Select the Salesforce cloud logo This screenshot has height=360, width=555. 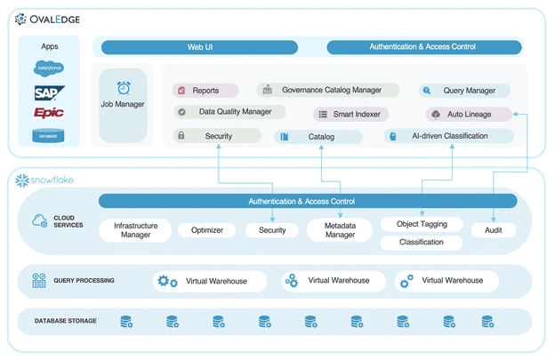[x=49, y=68]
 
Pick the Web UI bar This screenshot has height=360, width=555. [x=205, y=46]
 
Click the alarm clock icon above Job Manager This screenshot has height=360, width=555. [x=123, y=88]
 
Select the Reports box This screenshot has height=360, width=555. [x=205, y=91]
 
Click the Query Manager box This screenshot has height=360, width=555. [x=465, y=91]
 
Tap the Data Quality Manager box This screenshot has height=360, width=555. [x=229, y=112]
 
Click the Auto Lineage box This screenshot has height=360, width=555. [x=470, y=114]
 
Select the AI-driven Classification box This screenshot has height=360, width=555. [x=449, y=136]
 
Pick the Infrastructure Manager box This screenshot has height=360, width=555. [x=135, y=230]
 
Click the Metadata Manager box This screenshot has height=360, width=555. [x=339, y=230]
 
